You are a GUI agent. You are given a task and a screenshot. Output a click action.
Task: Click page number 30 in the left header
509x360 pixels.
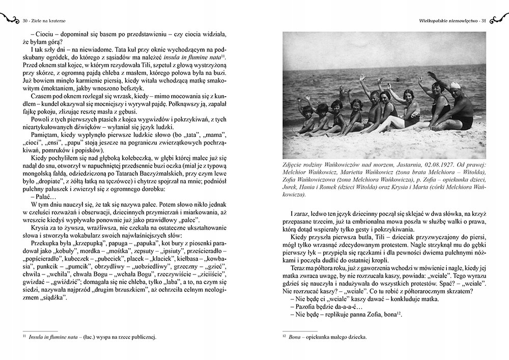[x=25, y=20]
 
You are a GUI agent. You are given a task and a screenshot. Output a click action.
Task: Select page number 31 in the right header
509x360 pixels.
[x=484, y=20]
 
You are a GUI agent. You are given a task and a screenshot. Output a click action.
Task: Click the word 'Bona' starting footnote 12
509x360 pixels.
[x=294, y=337]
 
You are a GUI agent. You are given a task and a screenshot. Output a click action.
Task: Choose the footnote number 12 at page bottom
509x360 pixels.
[x=284, y=336]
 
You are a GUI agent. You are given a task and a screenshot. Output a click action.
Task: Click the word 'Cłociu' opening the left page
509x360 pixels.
[x=43, y=34]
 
